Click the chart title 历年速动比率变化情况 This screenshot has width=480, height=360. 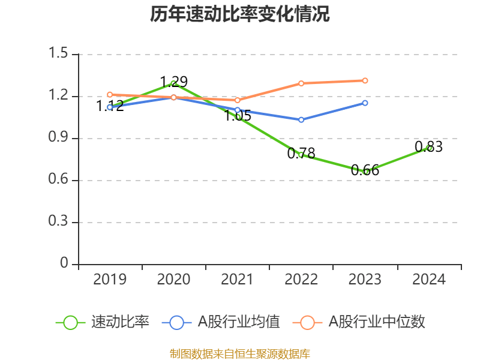pyautogui.click(x=240, y=14)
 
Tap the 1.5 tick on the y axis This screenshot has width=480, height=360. pyautogui.click(x=59, y=54)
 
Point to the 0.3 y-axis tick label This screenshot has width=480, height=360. pyautogui.click(x=59, y=222)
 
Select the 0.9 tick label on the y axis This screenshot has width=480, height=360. pyautogui.click(x=59, y=138)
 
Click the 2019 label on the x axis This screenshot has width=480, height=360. pyautogui.click(x=110, y=280)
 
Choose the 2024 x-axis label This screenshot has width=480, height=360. pyautogui.click(x=429, y=280)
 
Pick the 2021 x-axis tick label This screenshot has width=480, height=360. pyautogui.click(x=238, y=280)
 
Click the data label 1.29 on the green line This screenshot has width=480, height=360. pyautogui.click(x=173, y=82)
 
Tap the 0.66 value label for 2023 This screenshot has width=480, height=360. pyautogui.click(x=365, y=170)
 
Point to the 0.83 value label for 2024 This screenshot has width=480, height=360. pyautogui.click(x=428, y=147)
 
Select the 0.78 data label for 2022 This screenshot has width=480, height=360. pyautogui.click(x=301, y=154)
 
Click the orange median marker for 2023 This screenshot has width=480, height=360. pyautogui.click(x=365, y=80)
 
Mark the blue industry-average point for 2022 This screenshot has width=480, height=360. pyautogui.click(x=301, y=119)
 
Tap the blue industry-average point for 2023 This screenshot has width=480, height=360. pyautogui.click(x=365, y=103)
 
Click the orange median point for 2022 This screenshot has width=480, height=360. pyautogui.click(x=301, y=83)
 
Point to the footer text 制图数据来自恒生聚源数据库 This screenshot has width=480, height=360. pyautogui.click(x=240, y=354)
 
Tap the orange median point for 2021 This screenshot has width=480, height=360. pyautogui.click(x=238, y=100)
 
